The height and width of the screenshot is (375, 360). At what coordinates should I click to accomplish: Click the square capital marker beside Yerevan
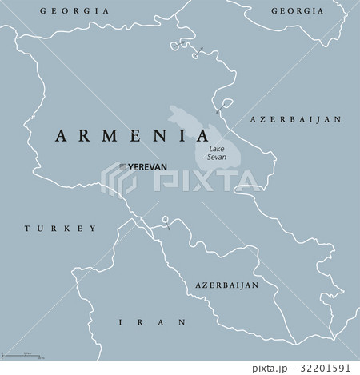[122, 166]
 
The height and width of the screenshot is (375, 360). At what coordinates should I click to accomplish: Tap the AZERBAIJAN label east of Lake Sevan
[296, 118]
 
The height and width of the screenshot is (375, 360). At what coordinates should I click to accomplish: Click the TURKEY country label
[59, 228]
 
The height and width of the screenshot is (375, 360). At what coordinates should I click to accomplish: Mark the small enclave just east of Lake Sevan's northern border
[225, 105]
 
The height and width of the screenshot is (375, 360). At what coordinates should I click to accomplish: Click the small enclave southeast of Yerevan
[165, 221]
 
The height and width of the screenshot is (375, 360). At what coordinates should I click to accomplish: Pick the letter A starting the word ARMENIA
[60, 135]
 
